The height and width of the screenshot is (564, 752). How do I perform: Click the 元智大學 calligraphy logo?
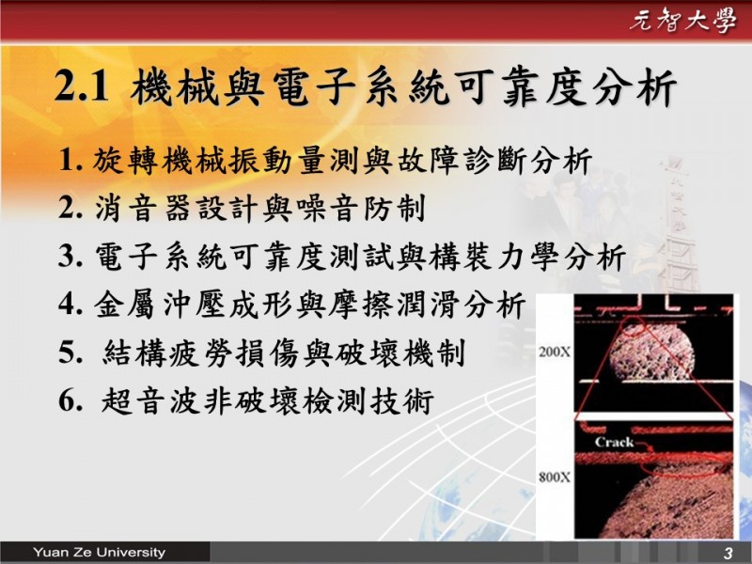[x=683, y=21]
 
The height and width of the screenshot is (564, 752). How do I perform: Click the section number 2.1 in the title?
[x=81, y=86]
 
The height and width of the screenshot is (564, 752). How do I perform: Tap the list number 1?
[x=70, y=160]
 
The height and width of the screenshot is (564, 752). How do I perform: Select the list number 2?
[x=70, y=208]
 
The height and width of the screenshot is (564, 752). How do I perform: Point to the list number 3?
[x=70, y=256]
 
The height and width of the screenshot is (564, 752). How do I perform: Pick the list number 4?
[x=70, y=304]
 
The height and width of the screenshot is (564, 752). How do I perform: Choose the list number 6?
[x=70, y=400]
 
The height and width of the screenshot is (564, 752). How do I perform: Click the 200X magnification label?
[x=555, y=352]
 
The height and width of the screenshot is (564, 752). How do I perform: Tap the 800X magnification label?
[x=555, y=478]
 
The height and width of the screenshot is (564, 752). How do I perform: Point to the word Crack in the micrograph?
[x=614, y=442]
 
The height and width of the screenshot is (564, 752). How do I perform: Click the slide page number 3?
[x=728, y=553]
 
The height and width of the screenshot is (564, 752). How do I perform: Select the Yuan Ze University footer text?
[x=100, y=552]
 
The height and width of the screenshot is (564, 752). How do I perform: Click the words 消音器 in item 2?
[x=143, y=209]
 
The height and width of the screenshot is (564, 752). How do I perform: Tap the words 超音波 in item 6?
[x=150, y=401]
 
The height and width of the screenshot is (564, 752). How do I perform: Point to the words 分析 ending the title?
[x=634, y=87]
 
